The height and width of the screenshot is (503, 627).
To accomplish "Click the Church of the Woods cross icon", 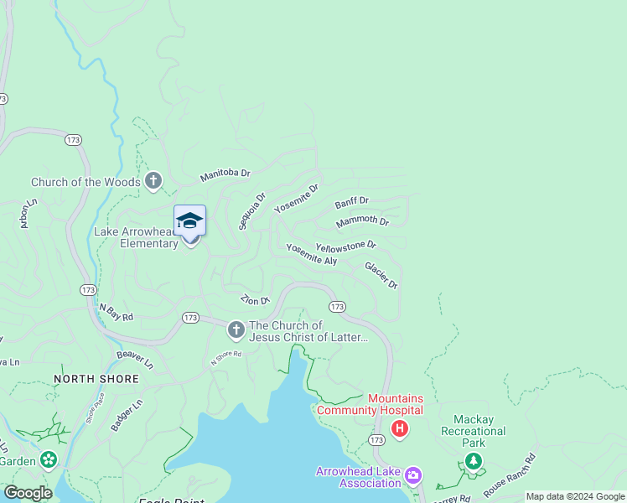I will [153, 181].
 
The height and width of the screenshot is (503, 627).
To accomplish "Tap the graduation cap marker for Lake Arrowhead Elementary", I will [189, 221].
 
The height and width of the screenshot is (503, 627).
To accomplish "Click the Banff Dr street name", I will [352, 203].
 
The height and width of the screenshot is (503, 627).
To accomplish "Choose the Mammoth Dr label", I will [362, 222].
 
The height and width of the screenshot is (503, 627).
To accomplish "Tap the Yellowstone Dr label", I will [345, 246].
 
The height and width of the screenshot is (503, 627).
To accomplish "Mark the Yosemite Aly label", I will [311, 255].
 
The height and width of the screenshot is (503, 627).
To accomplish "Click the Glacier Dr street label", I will [381, 276].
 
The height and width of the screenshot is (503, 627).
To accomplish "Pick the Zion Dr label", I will [255, 299].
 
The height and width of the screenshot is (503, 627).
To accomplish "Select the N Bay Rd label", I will [116, 312].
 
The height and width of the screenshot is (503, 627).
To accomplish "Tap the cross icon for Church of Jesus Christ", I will [236, 330].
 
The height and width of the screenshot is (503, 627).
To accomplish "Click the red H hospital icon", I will [400, 430].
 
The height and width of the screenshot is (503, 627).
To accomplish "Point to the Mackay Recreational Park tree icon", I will [474, 461].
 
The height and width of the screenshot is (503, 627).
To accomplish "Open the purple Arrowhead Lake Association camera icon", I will [412, 477].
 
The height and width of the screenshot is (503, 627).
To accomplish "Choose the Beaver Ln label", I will [135, 360].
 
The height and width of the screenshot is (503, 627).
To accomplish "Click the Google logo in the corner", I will [27, 493].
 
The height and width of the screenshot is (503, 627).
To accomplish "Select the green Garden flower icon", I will [49, 459].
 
